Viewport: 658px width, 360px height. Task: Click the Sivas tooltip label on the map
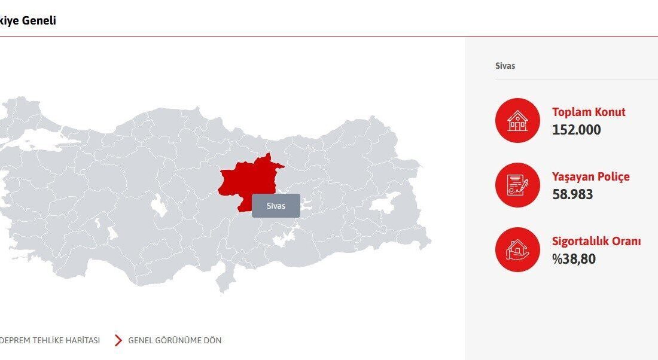[x=276, y=206]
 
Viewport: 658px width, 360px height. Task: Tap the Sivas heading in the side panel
[x=505, y=66]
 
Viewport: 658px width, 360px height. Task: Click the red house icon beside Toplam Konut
[x=517, y=120]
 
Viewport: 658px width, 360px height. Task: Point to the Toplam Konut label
[x=589, y=112]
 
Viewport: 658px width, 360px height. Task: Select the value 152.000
[x=577, y=130]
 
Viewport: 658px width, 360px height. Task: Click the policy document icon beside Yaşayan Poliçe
[x=517, y=185]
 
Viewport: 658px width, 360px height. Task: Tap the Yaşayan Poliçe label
[x=590, y=176]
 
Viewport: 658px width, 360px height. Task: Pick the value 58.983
[x=572, y=194]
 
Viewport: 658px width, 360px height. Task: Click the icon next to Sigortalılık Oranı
[x=517, y=249]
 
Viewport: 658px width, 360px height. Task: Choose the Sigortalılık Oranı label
[x=596, y=241]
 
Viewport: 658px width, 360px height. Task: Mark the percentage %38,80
[x=574, y=259]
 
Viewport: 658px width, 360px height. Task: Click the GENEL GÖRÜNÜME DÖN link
[x=175, y=340]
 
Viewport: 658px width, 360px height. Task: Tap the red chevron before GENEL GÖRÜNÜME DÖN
[x=118, y=340]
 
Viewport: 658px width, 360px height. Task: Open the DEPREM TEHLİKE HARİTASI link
[x=50, y=340]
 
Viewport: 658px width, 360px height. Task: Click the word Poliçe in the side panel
[x=612, y=176]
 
